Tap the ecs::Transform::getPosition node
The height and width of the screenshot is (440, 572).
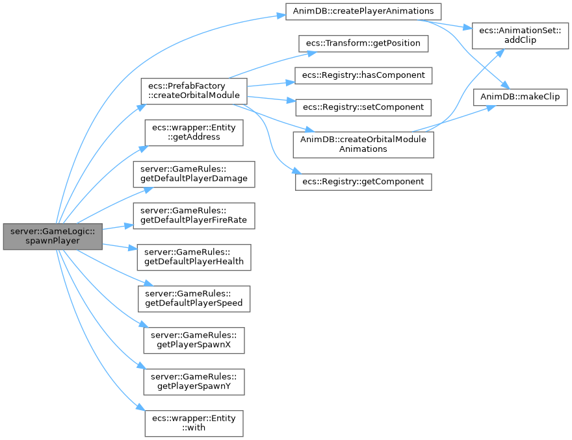click(x=363, y=43)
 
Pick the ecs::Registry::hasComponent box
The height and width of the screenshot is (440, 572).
click(x=363, y=75)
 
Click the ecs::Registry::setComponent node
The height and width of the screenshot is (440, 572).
click(x=363, y=107)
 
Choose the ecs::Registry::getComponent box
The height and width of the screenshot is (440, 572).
click(x=363, y=182)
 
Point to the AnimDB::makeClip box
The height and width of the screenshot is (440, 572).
click(x=520, y=97)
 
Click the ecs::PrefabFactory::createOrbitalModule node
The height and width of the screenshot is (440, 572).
click(x=194, y=91)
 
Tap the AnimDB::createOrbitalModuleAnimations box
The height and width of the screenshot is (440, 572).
click(x=363, y=144)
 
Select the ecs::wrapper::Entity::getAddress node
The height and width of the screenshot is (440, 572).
click(x=194, y=133)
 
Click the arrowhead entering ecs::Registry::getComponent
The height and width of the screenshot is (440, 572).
click(x=294, y=172)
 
